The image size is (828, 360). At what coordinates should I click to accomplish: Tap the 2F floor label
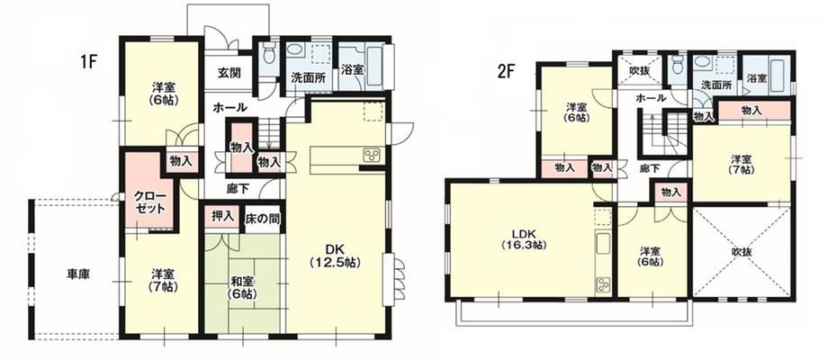[x=505, y=71]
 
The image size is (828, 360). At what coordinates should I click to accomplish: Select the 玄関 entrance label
[x=229, y=72]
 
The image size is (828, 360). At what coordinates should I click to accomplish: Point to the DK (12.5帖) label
[x=335, y=256]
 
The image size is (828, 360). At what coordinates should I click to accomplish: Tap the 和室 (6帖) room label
[x=242, y=288]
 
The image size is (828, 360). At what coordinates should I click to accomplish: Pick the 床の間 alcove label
[x=263, y=218]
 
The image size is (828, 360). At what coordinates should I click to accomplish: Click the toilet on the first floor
[x=269, y=52]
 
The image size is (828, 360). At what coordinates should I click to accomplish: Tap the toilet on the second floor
[x=677, y=65]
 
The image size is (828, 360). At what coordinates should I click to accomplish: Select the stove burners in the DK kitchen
[x=371, y=155]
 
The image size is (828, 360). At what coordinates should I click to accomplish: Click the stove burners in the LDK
[x=602, y=285]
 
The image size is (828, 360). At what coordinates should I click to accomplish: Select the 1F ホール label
[x=229, y=108]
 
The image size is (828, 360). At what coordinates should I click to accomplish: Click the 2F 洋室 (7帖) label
[x=742, y=164]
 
